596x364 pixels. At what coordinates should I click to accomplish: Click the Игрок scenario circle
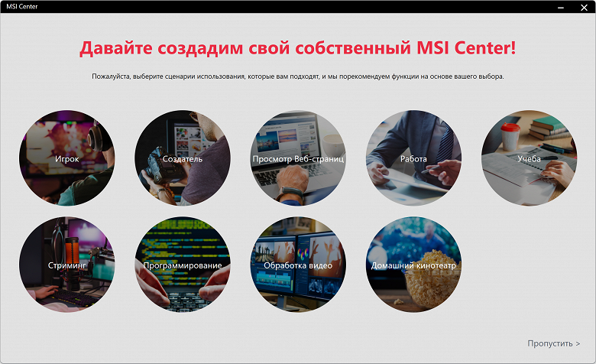(67, 158)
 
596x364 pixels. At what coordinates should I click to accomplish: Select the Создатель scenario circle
(183, 158)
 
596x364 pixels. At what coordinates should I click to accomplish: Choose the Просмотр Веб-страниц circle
(298, 158)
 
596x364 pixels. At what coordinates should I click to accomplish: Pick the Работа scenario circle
(413, 158)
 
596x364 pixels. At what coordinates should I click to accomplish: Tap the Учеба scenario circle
(529, 158)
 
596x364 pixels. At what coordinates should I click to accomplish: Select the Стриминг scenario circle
(67, 265)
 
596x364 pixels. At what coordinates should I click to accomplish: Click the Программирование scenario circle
(183, 265)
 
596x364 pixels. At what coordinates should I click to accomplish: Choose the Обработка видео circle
(298, 265)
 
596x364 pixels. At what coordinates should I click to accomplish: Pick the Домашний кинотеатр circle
(413, 265)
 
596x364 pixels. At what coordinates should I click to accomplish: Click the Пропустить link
(553, 343)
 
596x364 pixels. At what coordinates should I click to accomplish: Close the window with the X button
(585, 7)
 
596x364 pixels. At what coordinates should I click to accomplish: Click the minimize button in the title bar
(561, 8)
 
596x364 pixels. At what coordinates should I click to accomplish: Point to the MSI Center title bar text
(22, 6)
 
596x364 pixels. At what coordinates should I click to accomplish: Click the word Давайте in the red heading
(116, 48)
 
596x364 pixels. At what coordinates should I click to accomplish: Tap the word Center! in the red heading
(485, 47)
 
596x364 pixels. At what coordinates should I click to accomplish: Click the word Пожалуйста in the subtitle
(111, 76)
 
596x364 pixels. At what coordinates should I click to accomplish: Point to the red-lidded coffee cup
(510, 136)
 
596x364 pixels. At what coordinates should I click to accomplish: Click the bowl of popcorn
(429, 280)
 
